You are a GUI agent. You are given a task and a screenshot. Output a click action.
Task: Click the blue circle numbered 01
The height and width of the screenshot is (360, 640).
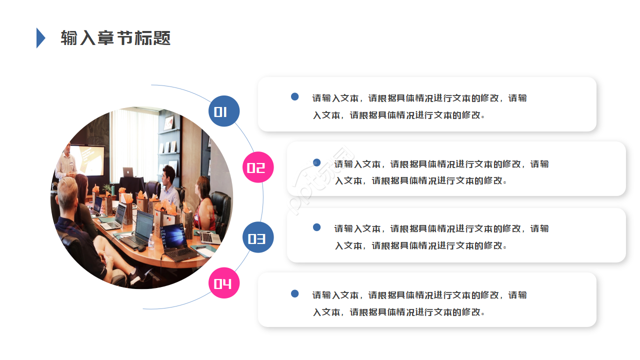point(224,111)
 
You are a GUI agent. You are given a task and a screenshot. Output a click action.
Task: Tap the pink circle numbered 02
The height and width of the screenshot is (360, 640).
point(258,167)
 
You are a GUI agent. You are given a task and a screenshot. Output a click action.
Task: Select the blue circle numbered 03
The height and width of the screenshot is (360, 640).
point(258,237)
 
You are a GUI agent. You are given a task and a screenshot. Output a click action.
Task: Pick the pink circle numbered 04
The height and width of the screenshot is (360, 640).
point(224,283)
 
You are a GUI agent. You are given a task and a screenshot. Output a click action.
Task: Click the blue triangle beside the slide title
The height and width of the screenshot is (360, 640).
point(40,38)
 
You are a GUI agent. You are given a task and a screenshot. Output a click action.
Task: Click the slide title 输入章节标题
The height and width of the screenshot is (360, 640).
point(115,38)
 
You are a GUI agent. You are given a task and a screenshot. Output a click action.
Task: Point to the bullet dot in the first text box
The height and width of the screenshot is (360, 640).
point(295,96)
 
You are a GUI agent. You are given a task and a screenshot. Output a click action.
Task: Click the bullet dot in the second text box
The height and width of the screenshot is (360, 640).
point(316,162)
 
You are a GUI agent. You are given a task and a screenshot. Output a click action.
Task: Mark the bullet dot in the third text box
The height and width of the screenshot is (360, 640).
point(316,227)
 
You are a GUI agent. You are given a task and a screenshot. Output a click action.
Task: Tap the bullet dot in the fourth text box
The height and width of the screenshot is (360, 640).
point(295,293)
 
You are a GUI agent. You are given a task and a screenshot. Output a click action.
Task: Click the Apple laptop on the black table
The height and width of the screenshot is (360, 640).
point(128,172)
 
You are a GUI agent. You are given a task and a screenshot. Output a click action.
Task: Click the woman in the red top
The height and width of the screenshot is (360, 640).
point(204,205)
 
